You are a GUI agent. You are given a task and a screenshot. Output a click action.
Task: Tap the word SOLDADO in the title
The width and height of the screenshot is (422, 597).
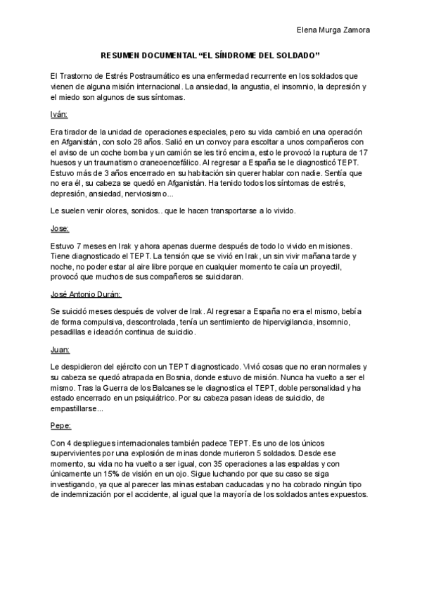299,54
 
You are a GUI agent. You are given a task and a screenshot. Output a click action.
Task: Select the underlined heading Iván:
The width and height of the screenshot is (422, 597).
59,114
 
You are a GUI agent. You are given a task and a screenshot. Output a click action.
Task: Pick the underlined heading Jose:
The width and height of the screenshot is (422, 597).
60,229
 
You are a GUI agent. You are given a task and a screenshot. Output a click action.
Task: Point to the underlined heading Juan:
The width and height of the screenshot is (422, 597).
60,348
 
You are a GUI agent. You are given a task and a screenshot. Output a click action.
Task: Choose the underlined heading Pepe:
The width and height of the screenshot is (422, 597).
60,426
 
